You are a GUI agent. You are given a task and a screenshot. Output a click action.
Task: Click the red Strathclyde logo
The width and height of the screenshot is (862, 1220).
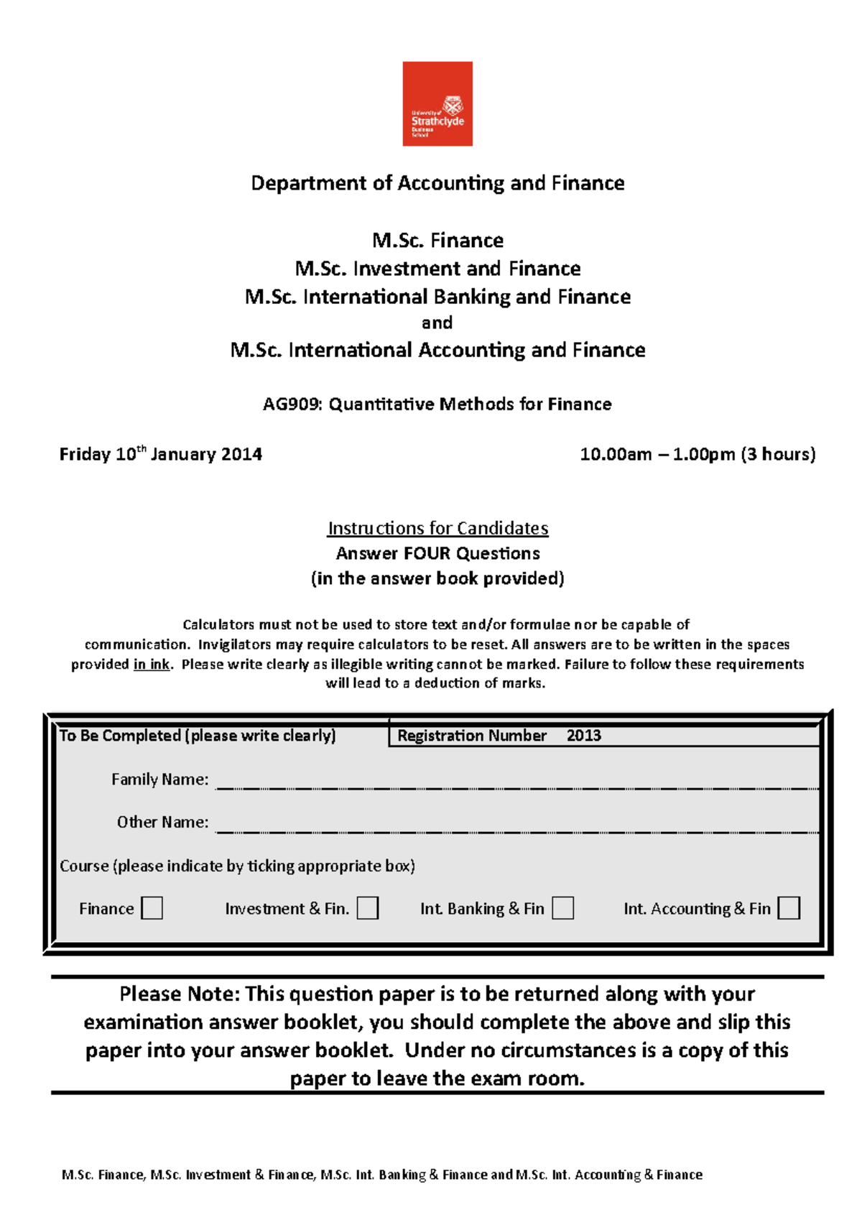coord(437,103)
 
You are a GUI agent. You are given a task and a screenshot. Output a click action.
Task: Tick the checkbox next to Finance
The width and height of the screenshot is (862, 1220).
coord(152,907)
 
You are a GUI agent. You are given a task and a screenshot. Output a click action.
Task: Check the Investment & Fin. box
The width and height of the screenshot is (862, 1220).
coord(368,907)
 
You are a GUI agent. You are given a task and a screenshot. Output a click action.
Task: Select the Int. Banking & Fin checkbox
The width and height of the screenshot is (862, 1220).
coord(562,907)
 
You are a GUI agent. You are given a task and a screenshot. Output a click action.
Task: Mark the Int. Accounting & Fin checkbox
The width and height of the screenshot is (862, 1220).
coord(789,907)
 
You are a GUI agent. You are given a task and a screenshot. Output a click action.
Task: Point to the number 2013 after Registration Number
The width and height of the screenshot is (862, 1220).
coord(583,736)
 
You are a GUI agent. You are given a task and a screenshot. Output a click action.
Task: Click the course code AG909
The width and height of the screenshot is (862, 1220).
coord(292,405)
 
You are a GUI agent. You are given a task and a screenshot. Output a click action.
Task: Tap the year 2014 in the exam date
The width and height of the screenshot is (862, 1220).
coord(241,454)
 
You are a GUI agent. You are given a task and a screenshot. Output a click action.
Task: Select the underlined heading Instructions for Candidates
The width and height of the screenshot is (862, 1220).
coord(437,528)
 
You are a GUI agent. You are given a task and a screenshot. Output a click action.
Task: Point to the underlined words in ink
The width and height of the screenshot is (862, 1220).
coord(152,664)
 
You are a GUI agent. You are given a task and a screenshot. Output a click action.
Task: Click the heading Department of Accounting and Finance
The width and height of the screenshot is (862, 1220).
coord(437,183)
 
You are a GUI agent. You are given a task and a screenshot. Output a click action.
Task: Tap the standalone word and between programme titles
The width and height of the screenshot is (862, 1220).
coord(437,323)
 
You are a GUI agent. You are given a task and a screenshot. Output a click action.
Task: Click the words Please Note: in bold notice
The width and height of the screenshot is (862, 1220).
coord(180,994)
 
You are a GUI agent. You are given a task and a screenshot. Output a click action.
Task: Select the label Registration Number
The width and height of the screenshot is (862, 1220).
coord(472,736)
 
